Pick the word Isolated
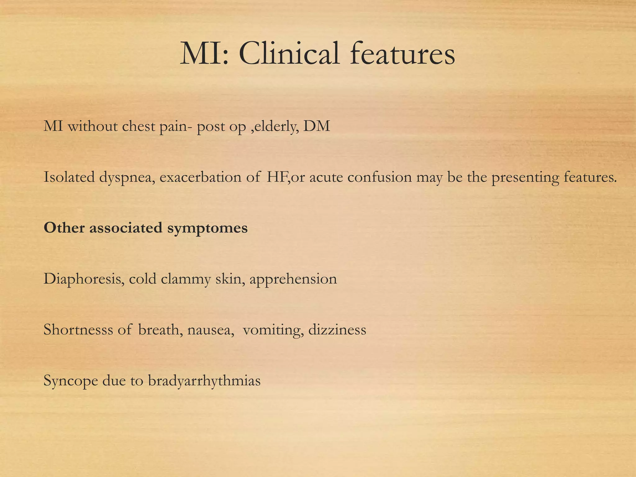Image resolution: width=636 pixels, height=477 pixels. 69,177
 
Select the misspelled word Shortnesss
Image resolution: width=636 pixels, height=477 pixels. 78,329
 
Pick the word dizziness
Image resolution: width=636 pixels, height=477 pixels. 337,329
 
